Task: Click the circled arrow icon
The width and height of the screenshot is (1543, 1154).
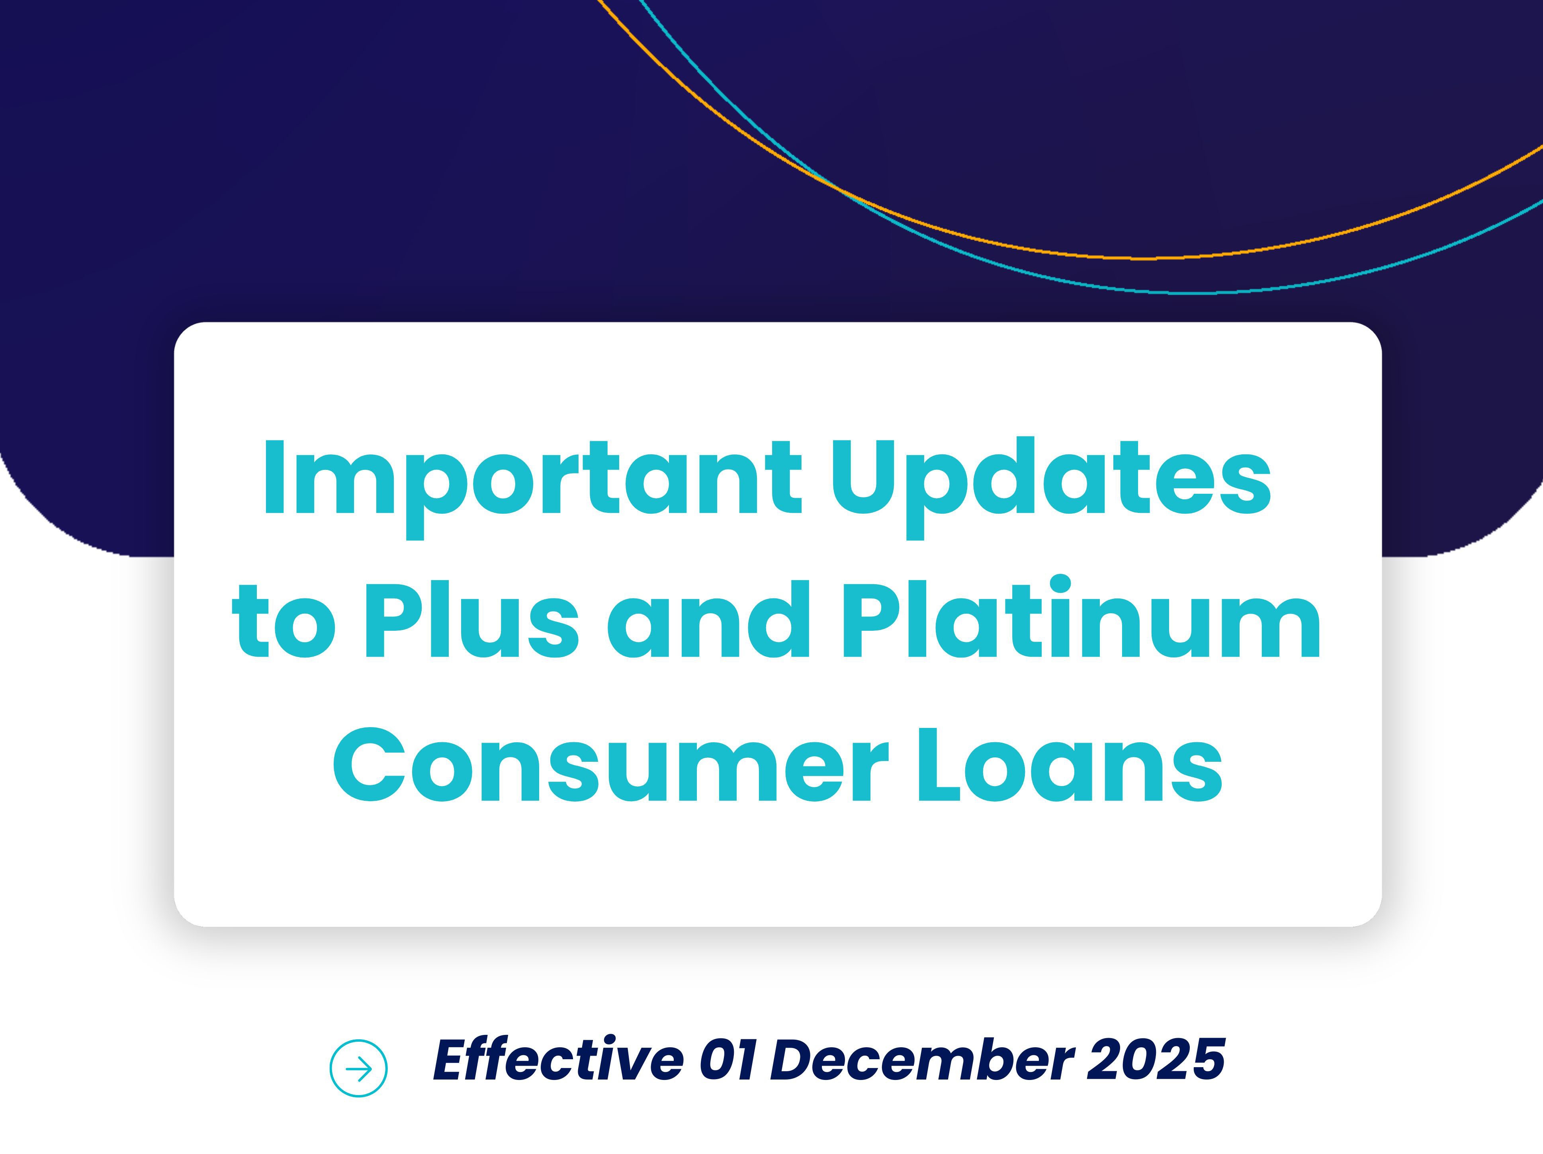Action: pyautogui.click(x=358, y=1068)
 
